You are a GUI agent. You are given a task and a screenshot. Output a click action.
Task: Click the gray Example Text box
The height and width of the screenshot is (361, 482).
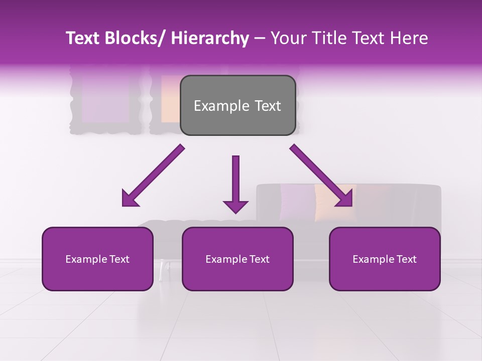point(237,105)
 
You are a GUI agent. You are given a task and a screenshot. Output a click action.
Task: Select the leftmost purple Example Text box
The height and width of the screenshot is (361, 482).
point(97,259)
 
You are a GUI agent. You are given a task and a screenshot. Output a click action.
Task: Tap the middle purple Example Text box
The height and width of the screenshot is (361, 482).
point(237,259)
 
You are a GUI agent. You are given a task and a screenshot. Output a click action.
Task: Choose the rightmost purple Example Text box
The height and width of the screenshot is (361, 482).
point(385,259)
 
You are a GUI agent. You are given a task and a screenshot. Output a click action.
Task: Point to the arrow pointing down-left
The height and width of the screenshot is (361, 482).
point(153,175)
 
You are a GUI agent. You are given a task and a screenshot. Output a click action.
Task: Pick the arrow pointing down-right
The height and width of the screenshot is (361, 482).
point(321,175)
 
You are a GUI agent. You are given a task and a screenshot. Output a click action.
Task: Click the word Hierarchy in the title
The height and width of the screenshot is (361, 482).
point(209,38)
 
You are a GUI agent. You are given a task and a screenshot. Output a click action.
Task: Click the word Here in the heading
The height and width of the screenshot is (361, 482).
point(409,38)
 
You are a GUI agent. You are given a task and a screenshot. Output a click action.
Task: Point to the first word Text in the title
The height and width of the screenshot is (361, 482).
point(82,38)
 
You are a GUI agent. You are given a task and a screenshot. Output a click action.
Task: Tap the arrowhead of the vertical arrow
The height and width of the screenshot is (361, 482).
point(235,207)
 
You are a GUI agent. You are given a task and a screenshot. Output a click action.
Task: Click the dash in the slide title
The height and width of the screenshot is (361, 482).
point(260,39)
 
